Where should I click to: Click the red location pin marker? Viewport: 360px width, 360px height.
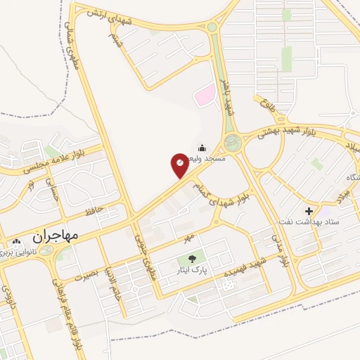point(180,165)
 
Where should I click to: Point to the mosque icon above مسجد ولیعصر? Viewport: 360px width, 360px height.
point(202,148)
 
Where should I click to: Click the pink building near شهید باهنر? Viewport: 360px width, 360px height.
point(205,94)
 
